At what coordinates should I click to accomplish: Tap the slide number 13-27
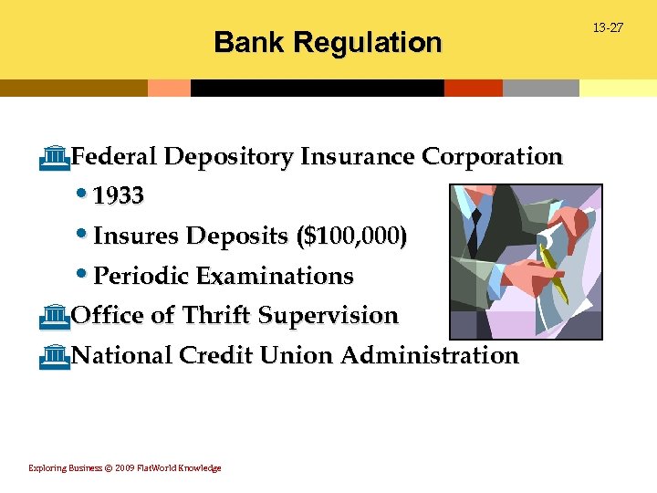(x=608, y=28)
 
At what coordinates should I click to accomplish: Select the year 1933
(x=119, y=196)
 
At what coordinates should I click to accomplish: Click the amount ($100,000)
(x=352, y=236)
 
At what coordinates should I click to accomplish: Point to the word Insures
(x=137, y=236)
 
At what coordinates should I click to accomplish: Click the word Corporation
(x=492, y=157)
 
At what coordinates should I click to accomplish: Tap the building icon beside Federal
(x=56, y=157)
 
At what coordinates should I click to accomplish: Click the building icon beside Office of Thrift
(x=56, y=315)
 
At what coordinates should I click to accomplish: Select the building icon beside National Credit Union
(x=56, y=354)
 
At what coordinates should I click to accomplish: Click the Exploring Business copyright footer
(x=125, y=468)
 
